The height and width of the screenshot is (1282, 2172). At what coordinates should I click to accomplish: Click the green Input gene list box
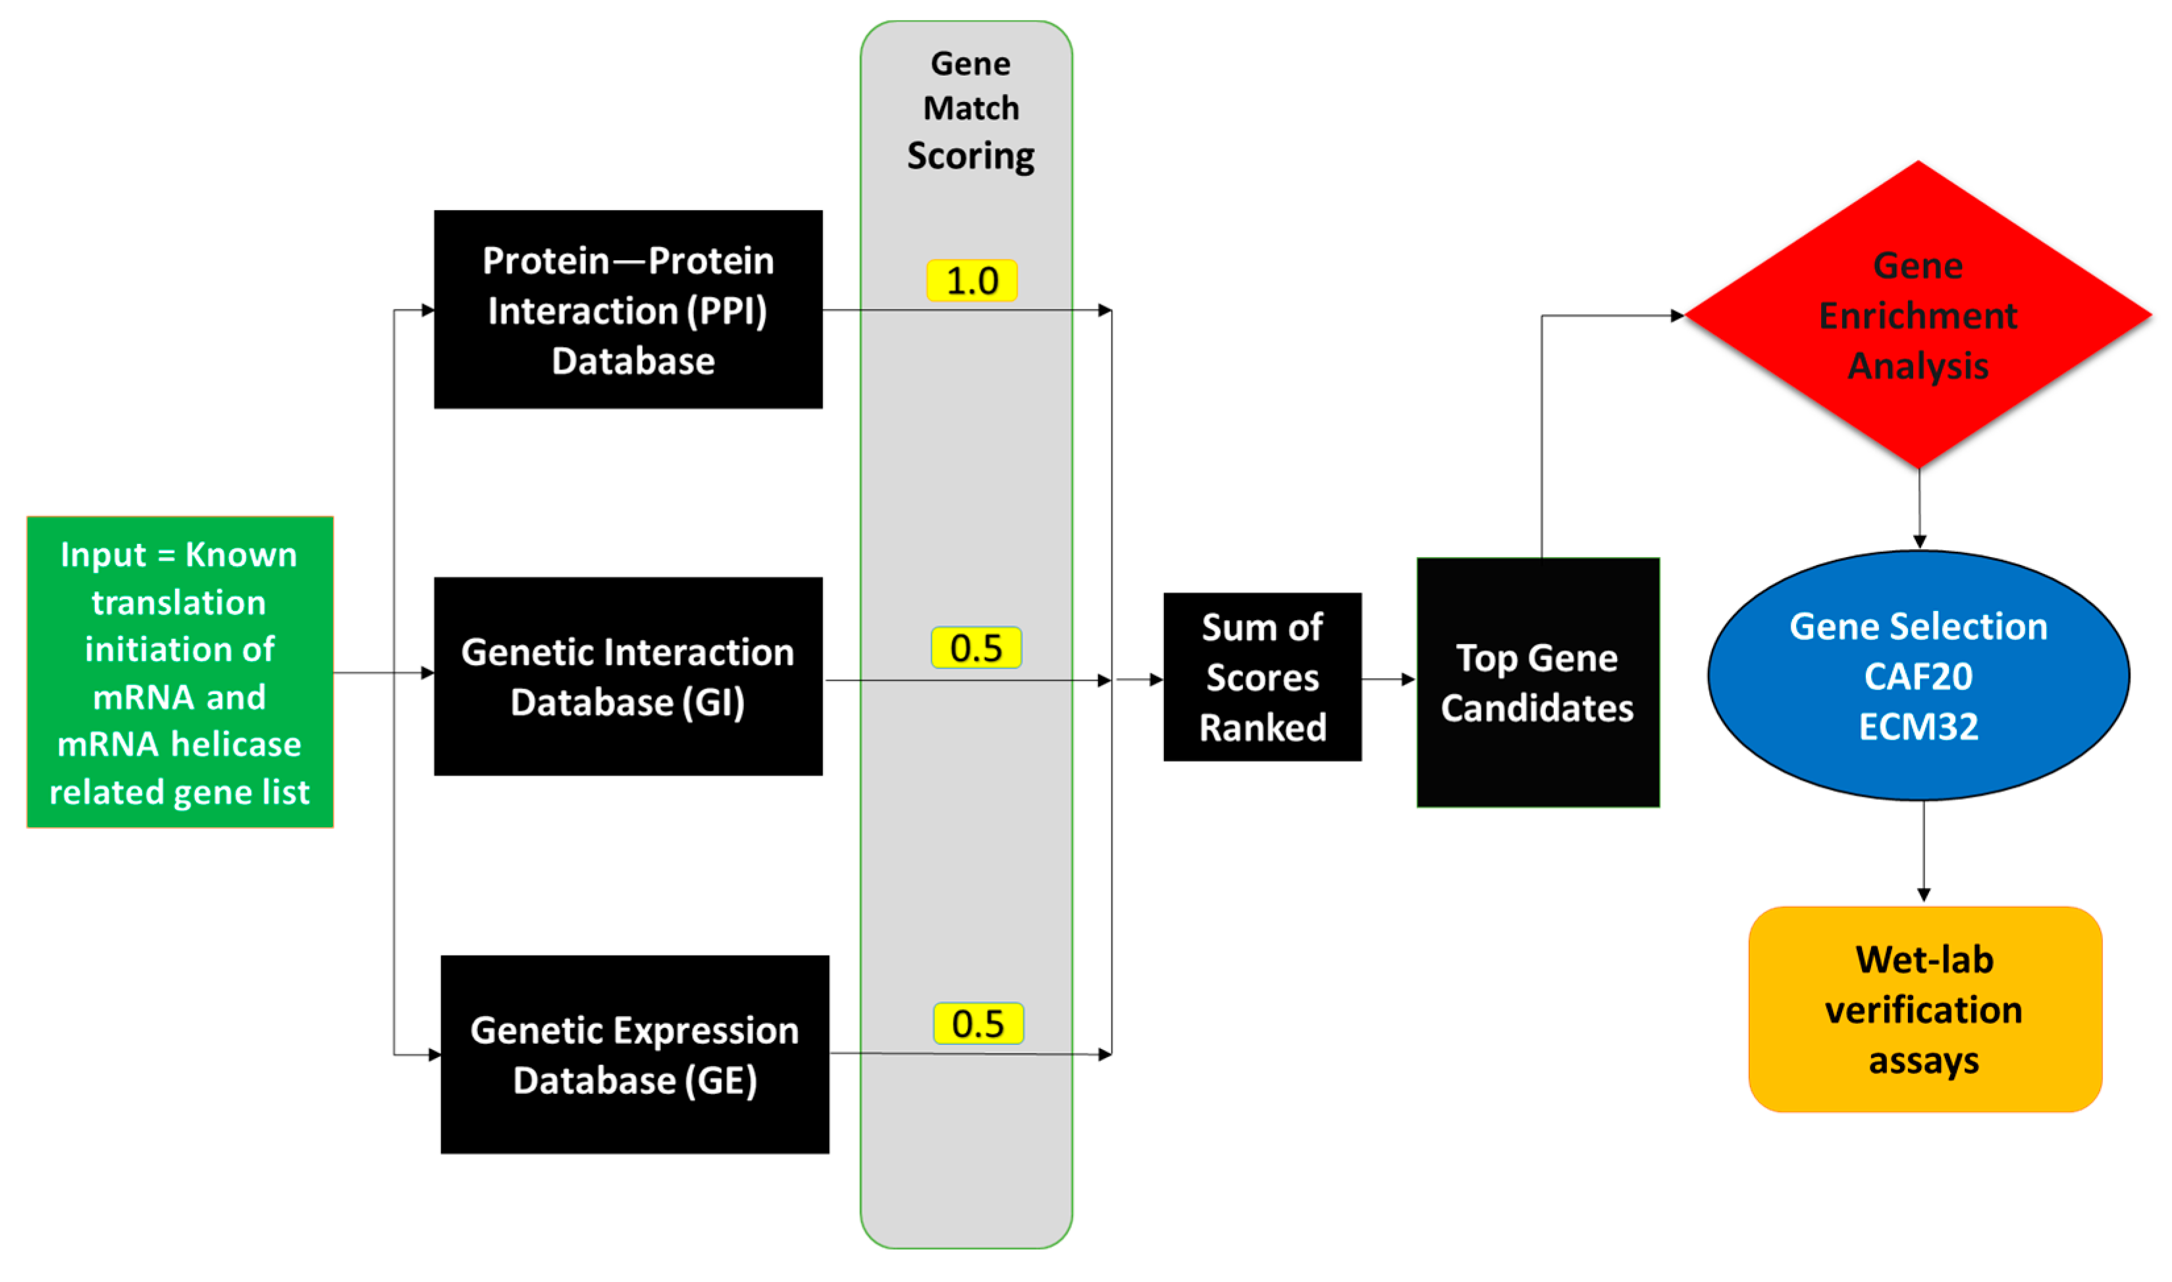point(180,672)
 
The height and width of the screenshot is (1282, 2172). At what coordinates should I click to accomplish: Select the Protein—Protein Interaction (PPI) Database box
point(628,309)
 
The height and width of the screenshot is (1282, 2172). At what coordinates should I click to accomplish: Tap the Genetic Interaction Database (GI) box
point(628,676)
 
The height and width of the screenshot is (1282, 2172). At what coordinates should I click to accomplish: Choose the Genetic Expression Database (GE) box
point(635,1054)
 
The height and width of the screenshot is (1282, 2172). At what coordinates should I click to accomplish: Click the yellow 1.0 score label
point(972,280)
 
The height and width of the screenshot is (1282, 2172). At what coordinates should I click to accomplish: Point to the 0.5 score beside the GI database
point(976,648)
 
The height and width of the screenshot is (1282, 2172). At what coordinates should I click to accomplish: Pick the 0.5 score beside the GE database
point(978,1024)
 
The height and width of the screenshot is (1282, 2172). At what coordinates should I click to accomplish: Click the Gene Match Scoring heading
point(970,110)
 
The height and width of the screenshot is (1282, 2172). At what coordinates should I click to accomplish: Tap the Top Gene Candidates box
point(1537,682)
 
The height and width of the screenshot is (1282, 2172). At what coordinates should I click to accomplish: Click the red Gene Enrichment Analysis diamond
point(1917,315)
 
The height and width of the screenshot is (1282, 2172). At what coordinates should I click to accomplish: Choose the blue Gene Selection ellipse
point(1918,676)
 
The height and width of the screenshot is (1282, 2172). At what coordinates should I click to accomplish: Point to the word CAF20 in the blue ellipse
point(1918,676)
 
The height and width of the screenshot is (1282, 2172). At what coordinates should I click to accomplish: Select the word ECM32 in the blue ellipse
point(1918,726)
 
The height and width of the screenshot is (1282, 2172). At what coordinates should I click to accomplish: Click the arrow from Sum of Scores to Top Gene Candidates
point(1388,679)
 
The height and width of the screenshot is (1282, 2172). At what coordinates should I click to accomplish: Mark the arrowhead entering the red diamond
point(1677,315)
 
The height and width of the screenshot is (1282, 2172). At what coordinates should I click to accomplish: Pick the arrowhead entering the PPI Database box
point(427,309)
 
